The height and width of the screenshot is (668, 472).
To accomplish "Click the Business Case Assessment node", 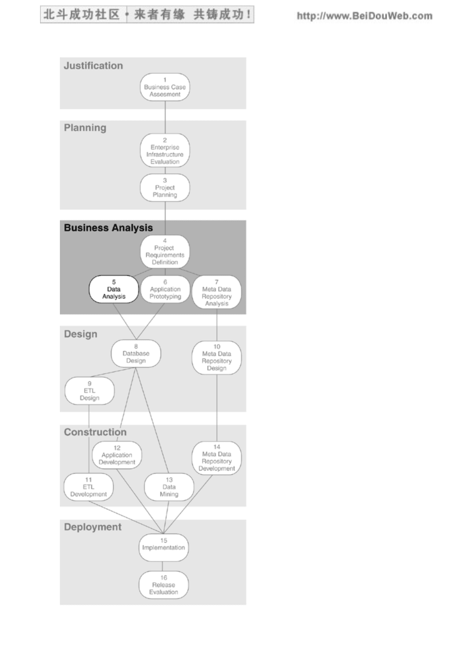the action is coord(165,87).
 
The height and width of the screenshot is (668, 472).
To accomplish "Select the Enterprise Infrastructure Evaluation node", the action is coord(165,150).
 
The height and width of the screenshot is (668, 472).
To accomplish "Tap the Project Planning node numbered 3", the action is coord(165,188).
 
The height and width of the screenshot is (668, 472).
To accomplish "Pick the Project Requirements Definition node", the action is coord(165,251).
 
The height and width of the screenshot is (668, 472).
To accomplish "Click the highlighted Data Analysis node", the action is coord(113,289).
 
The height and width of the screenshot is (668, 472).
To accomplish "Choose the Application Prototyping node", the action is coord(165,289).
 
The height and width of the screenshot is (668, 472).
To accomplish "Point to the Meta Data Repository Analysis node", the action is coord(217,292).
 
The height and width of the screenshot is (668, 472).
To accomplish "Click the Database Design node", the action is coord(136,353).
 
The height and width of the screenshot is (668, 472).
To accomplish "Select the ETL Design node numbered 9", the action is coord(90,391).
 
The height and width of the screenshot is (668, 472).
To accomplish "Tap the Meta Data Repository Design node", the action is coord(217,357).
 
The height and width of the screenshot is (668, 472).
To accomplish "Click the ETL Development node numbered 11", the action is coord(88,487).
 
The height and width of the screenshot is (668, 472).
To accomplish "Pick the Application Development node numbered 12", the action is coord(117,455).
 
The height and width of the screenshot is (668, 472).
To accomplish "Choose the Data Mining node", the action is coord(169,487).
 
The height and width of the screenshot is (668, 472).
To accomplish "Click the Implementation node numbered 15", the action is coord(164,547).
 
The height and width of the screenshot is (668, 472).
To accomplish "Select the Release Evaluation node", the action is coord(164,585).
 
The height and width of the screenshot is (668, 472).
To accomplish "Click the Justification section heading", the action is coord(93,65).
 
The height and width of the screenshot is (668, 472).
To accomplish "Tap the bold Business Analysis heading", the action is coord(108,228).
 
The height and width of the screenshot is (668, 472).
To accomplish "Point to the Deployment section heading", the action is coord(93,527).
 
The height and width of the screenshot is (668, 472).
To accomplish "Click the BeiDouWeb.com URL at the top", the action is coord(365,16).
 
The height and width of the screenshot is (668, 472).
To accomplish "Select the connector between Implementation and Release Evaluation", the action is coord(163,566).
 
